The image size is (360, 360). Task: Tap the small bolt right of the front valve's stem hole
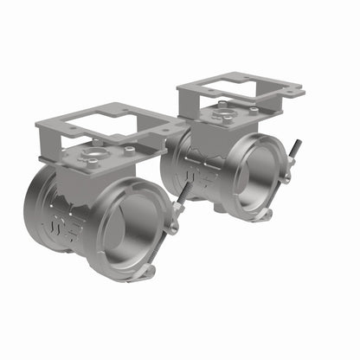128,151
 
